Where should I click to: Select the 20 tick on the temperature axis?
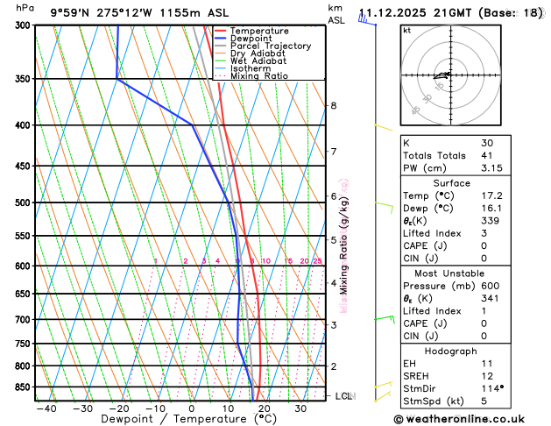[264, 408]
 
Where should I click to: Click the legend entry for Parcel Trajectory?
[270, 46]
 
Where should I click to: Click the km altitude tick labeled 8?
[333, 106]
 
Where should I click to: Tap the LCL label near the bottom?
[344, 396]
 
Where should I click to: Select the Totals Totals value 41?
[486, 155]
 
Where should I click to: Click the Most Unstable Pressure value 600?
[489, 286]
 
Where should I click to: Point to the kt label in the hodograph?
[406, 30]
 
